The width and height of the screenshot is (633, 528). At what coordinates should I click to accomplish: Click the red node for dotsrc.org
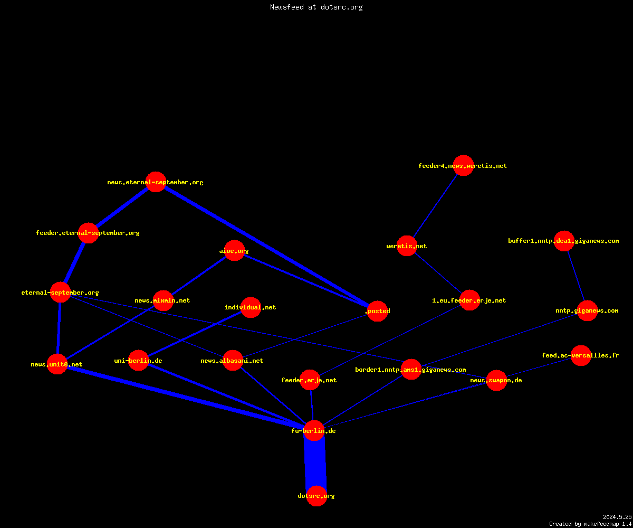pos(316,496)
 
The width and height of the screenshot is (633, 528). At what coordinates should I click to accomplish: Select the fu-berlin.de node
pos(314,431)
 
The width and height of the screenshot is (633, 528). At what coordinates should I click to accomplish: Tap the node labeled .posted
pos(378,311)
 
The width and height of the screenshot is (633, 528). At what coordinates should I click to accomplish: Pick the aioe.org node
pos(234,251)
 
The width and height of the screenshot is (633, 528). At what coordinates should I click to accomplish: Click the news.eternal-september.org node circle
pos(156,182)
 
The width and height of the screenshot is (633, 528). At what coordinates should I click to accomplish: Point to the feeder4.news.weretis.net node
pos(463,165)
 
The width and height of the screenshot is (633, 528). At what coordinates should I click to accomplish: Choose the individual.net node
pos(251,307)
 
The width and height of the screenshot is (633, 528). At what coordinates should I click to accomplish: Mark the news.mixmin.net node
pos(163,300)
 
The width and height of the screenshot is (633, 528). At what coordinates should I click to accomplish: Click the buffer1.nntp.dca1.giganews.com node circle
pos(564,241)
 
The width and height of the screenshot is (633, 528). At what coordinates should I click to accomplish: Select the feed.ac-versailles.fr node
pos(581,355)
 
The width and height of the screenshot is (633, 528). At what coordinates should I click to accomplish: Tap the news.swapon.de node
pos(496,380)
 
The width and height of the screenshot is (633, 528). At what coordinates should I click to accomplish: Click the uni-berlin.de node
pos(139,361)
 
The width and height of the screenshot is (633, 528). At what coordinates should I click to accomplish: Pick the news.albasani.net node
pos(233,361)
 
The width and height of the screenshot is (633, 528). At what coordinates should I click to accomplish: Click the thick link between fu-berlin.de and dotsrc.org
pos(315,464)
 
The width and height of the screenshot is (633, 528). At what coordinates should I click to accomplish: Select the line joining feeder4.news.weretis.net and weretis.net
pos(435,206)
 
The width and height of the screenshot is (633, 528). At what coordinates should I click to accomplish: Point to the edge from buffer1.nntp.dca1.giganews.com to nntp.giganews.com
pos(576,276)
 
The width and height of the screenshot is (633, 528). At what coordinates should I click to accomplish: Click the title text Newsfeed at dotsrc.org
pos(316,7)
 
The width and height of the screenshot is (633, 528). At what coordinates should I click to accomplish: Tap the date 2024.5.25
pos(617,517)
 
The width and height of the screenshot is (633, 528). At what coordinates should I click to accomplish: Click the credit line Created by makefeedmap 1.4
pos(590,524)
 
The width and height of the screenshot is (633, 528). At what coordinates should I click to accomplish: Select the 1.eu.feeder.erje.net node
pos(469,300)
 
